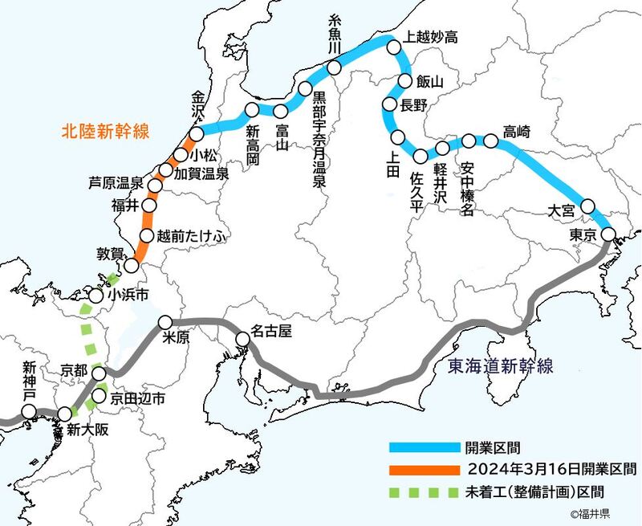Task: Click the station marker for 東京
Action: (x=608, y=234)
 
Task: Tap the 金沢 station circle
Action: (x=197, y=134)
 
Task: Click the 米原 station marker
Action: (x=166, y=324)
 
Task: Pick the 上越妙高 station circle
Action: (x=394, y=48)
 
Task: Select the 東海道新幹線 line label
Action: (x=500, y=366)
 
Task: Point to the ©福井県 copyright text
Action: (x=590, y=513)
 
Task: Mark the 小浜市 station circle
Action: (x=95, y=296)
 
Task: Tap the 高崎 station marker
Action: (x=491, y=141)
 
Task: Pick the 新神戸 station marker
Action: (x=30, y=412)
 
